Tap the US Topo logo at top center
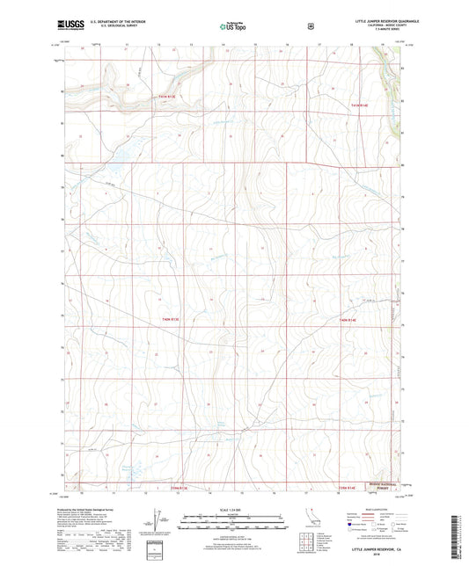pos(233,27)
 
